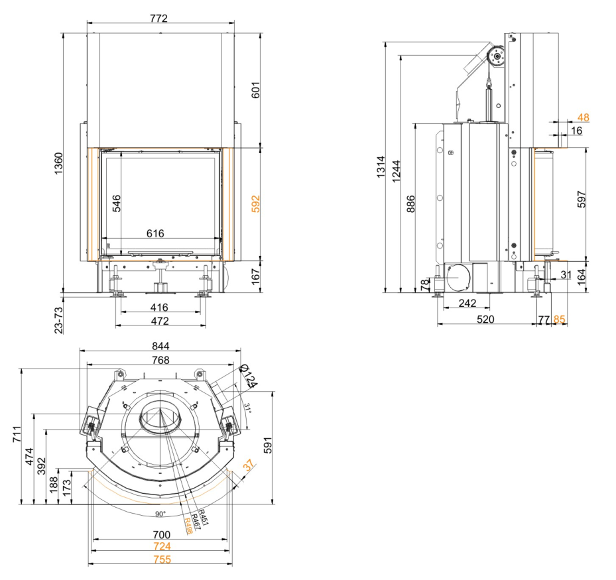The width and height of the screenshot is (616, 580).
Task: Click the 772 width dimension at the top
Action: point(158,18)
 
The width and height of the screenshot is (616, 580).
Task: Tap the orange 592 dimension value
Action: point(256,203)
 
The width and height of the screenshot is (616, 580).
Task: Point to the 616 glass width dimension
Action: point(155,233)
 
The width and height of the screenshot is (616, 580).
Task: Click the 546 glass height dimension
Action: point(117,203)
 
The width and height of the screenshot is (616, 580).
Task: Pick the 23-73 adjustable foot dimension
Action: point(58,318)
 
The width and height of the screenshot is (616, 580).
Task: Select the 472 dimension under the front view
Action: point(158,321)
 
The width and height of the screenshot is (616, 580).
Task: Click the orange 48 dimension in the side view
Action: point(584,117)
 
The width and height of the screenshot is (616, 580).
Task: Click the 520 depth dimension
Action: point(485,319)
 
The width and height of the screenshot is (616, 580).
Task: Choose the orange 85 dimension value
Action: point(560,319)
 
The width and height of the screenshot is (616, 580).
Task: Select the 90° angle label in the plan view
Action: point(160,514)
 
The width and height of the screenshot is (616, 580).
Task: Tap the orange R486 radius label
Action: point(188,526)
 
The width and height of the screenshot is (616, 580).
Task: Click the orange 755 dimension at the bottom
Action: point(162,559)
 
